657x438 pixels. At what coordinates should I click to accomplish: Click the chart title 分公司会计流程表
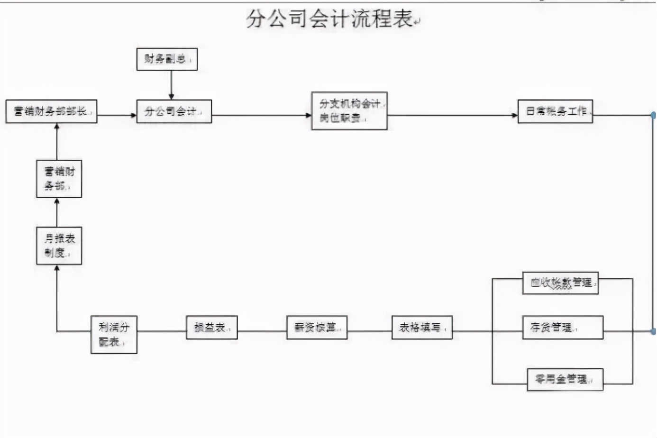click(330, 19)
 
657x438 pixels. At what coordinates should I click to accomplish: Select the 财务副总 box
click(167, 59)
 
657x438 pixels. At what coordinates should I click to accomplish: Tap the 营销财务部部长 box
click(51, 111)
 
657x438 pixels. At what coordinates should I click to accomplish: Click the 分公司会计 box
click(174, 111)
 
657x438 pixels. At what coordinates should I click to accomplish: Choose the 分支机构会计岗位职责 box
click(349, 111)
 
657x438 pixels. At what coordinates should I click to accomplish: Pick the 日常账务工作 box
click(555, 111)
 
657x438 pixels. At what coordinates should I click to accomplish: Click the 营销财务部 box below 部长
click(59, 179)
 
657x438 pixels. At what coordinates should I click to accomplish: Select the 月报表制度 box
click(59, 246)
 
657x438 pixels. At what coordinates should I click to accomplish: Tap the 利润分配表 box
click(114, 334)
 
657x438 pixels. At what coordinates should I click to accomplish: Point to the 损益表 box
click(212, 328)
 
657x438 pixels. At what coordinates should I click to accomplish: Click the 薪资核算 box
click(317, 328)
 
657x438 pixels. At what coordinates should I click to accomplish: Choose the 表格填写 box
click(422, 328)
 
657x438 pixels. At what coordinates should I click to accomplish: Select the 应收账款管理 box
click(560, 283)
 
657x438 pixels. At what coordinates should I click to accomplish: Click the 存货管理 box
click(563, 328)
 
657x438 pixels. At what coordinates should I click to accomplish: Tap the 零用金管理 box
click(565, 379)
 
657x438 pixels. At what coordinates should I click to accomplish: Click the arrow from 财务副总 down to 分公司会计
click(171, 85)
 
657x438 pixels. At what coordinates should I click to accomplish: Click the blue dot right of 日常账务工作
click(654, 115)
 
